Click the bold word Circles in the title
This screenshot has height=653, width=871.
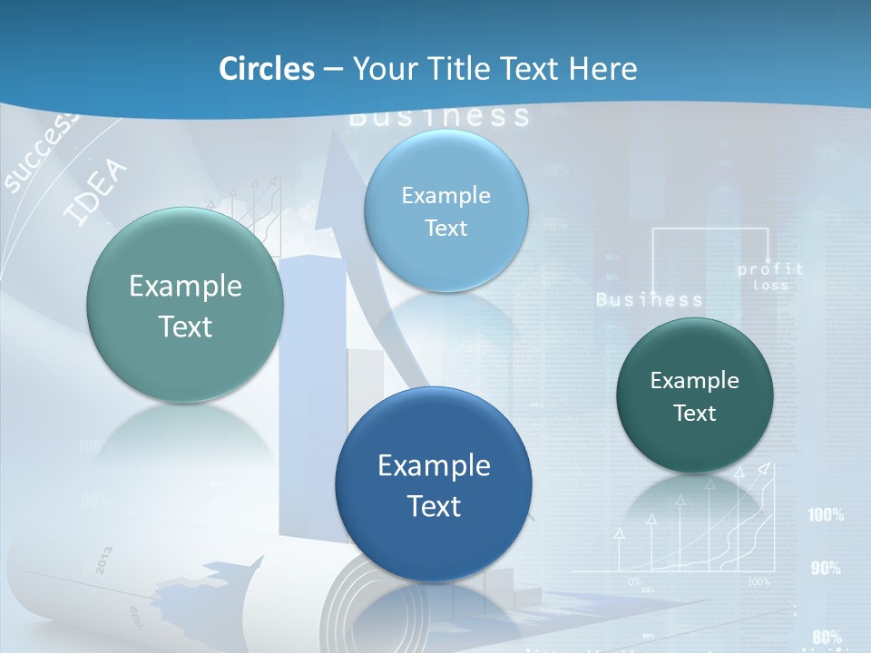[267, 69]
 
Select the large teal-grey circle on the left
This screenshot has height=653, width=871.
[185, 305]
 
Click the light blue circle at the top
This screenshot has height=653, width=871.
[445, 210]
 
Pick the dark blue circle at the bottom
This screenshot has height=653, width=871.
[433, 484]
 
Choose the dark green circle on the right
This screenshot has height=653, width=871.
[694, 395]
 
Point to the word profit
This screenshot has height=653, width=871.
[770, 269]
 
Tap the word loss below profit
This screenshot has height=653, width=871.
[771, 286]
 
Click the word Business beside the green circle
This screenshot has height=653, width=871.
[650, 299]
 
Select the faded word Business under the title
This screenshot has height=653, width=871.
[439, 116]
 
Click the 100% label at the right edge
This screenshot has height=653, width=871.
[826, 515]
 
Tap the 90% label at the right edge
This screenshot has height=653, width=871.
[826, 569]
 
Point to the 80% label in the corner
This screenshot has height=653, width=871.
[827, 638]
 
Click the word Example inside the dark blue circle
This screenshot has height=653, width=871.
[434, 466]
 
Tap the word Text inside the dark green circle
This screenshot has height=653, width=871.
[694, 414]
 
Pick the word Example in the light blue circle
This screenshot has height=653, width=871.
[445, 195]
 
